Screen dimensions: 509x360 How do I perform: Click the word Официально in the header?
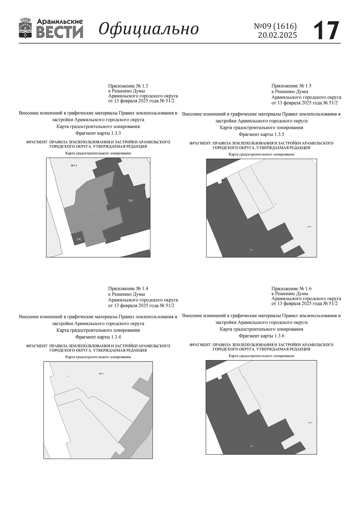(x=149, y=29)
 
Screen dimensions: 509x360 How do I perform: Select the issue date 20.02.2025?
(x=277, y=35)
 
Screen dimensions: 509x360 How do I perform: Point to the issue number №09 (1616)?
(x=275, y=26)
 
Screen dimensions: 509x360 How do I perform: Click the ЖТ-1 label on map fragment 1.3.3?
(x=74, y=165)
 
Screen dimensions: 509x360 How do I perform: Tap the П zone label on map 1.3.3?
(x=93, y=209)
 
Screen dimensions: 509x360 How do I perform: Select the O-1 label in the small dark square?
(x=79, y=239)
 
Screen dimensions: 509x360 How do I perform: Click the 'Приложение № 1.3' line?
(x=128, y=86)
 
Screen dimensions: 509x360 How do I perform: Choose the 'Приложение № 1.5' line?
(x=291, y=86)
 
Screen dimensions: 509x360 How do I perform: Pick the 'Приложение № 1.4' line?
(x=128, y=288)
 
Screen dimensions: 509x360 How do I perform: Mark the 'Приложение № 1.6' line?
(x=291, y=288)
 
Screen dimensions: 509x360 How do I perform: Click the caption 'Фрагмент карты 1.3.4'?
(x=98, y=337)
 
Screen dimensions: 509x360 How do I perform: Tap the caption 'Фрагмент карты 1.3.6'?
(x=261, y=336)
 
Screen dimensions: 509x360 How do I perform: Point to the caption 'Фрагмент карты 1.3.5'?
(x=261, y=134)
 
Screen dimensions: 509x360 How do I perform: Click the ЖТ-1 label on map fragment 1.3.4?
(x=101, y=373)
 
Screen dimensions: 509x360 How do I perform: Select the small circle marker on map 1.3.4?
(x=68, y=376)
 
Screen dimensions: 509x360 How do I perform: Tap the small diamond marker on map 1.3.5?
(x=276, y=203)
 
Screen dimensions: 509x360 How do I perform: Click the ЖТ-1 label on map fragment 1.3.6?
(x=310, y=423)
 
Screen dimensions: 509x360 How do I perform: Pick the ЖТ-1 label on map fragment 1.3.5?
(x=309, y=227)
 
